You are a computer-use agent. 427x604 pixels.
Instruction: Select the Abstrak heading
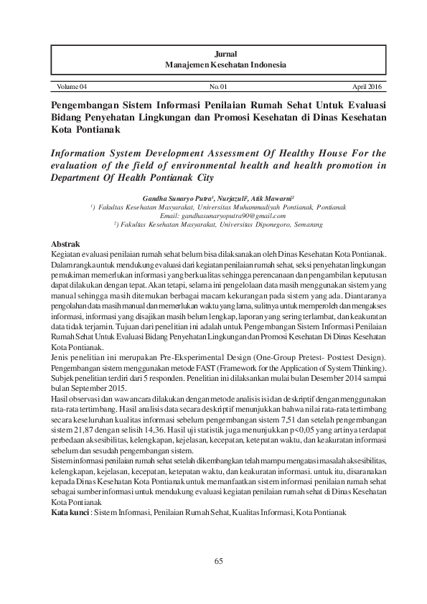67,245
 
